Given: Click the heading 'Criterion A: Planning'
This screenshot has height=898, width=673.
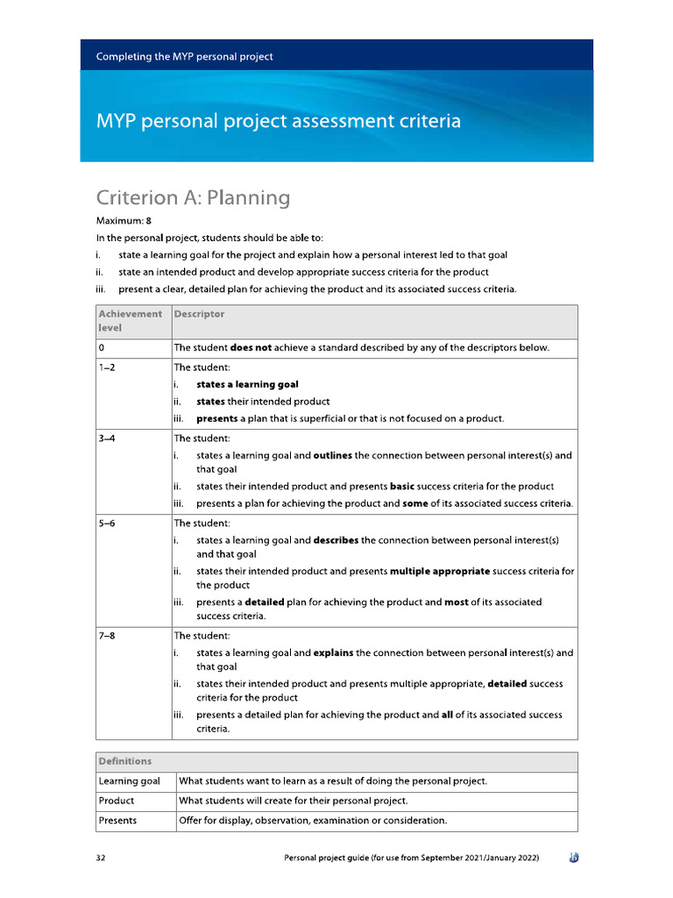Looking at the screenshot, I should [x=192, y=197].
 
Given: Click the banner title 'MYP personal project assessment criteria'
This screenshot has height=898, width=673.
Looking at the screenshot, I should [x=278, y=121].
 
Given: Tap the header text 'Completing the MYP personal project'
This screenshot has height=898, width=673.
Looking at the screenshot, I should [x=184, y=56].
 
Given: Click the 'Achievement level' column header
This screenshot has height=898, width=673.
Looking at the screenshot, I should [x=130, y=320].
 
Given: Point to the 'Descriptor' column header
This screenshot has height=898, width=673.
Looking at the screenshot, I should [x=199, y=314].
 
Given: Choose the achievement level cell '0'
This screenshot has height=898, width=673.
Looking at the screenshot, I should [x=103, y=348].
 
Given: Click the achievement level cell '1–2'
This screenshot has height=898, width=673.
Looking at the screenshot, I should [x=108, y=367].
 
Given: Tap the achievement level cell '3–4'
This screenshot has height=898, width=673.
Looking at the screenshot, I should [x=108, y=438].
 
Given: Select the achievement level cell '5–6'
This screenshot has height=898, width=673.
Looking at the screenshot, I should [x=108, y=523].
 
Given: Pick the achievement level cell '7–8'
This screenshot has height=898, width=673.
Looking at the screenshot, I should [x=108, y=636].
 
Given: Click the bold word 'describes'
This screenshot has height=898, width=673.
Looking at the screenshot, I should [x=336, y=540].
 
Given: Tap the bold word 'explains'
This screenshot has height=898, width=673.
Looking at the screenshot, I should [x=333, y=653].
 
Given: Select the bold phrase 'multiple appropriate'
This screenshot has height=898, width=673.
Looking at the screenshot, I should [x=440, y=571].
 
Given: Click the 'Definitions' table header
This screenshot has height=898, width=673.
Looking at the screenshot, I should [x=124, y=761].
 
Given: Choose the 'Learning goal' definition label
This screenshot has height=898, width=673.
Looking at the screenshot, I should [x=129, y=781].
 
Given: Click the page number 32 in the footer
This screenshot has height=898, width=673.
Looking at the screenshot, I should [x=101, y=857].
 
